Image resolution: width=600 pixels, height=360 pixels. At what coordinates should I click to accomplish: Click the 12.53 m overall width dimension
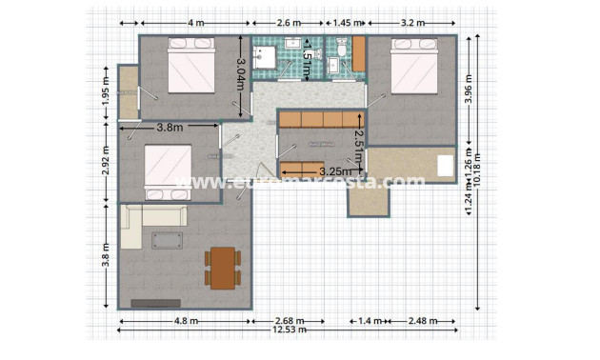click(289, 330)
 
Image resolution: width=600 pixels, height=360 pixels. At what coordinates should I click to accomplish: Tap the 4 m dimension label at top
click(193, 22)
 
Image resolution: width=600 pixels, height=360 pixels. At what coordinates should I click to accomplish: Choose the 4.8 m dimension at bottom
click(186, 321)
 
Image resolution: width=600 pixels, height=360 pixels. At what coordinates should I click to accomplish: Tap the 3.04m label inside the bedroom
click(241, 73)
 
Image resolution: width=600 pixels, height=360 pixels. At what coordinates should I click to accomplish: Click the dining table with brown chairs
click(222, 268)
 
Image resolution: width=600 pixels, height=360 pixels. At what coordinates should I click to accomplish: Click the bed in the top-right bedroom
click(415, 67)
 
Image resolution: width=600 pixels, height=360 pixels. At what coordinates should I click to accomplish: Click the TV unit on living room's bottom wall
click(156, 303)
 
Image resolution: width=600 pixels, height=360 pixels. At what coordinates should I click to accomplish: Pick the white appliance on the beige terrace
click(446, 166)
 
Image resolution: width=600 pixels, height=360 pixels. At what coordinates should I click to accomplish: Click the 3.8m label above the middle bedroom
click(170, 127)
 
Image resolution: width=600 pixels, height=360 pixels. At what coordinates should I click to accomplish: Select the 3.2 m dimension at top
click(412, 22)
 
